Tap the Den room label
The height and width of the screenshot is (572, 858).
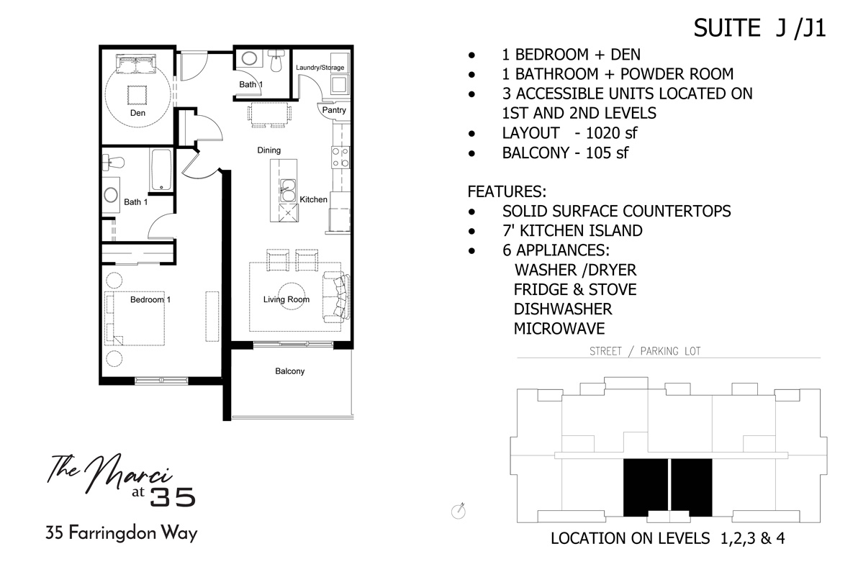point(137,114)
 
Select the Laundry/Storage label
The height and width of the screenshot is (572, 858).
point(320,68)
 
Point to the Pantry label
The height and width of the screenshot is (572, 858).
point(334,110)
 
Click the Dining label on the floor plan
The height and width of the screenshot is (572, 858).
point(268,150)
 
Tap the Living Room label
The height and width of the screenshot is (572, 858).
point(286,299)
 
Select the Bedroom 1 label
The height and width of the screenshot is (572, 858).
point(150,299)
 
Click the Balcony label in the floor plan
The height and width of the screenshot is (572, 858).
point(289,371)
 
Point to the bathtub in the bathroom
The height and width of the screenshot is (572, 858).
point(160,170)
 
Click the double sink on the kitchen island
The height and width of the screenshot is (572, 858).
point(287,189)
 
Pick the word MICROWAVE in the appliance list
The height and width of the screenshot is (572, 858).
point(559,329)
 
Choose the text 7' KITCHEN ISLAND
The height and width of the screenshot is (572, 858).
point(572,231)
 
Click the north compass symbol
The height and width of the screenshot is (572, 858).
point(458,510)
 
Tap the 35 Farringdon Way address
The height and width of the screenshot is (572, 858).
point(121,535)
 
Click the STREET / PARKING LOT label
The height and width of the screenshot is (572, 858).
point(644,351)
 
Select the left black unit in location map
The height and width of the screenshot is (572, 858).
point(644,487)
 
